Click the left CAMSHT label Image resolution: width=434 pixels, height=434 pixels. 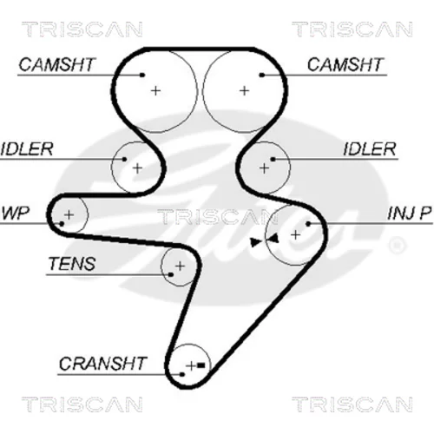tap(56, 64)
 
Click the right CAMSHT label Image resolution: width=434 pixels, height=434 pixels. tap(345, 64)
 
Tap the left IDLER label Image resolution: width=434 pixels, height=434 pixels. tap(27, 149)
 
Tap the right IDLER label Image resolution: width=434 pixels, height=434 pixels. tap(370, 149)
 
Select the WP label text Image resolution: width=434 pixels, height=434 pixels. tap(16, 214)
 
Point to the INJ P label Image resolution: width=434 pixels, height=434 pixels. tap(410, 214)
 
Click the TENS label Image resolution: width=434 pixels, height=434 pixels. tap(72, 264)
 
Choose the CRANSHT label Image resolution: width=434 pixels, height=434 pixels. tap(103, 364)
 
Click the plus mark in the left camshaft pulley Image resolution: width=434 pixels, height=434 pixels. tap(155, 91)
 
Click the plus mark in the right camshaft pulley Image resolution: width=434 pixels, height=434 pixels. tap(245, 91)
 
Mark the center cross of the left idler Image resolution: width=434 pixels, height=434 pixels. tap(137, 168)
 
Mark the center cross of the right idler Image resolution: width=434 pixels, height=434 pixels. tap(264, 168)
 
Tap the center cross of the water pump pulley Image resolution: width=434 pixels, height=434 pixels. tap(69, 214)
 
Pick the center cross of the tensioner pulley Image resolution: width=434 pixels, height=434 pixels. tap(180, 266)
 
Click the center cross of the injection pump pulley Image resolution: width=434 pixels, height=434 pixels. tap(295, 235)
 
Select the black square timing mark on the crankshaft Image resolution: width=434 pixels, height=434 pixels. tap(201, 365)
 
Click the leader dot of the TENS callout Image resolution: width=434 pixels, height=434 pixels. tap(171, 274)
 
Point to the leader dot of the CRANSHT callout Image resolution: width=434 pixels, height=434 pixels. tap(182, 374)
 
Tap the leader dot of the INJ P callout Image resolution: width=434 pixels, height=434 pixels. tap(308, 224)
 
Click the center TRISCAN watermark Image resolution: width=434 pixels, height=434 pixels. tap(218, 217)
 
